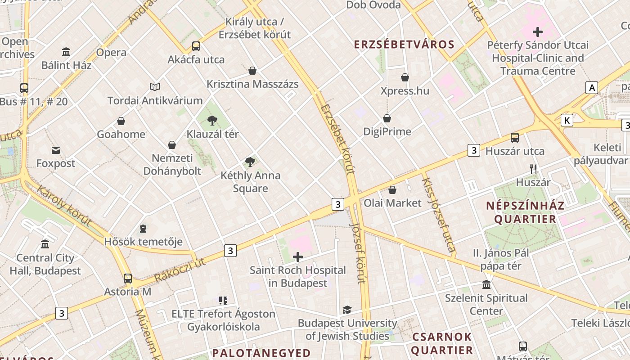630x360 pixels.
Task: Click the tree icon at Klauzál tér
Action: coord(212,120)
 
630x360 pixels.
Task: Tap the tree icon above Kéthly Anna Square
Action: coord(250,162)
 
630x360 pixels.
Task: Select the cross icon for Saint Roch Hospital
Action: coord(298,257)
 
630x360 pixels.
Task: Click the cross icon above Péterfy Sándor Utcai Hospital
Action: coord(538,32)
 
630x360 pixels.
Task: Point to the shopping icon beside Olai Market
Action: coord(392,190)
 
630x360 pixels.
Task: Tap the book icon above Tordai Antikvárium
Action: coord(155,87)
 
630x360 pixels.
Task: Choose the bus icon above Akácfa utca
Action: coord(196,46)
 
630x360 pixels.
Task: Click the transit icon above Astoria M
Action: coord(128,279)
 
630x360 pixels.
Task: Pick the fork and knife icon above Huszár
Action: coord(533,169)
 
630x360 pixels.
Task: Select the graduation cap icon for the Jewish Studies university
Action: coord(347,310)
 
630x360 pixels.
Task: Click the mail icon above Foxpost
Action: coord(56,150)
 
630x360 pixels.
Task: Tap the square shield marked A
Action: coord(592,88)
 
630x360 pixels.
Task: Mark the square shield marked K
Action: coord(567,120)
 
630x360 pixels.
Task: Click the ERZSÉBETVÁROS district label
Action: coord(404,45)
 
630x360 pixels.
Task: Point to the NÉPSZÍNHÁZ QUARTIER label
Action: coord(525,212)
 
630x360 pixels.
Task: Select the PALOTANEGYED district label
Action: coord(261,353)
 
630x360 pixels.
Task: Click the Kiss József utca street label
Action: coord(438,214)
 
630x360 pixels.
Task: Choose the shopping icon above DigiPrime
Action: coord(387,118)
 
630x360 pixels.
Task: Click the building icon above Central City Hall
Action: coord(45,244)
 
